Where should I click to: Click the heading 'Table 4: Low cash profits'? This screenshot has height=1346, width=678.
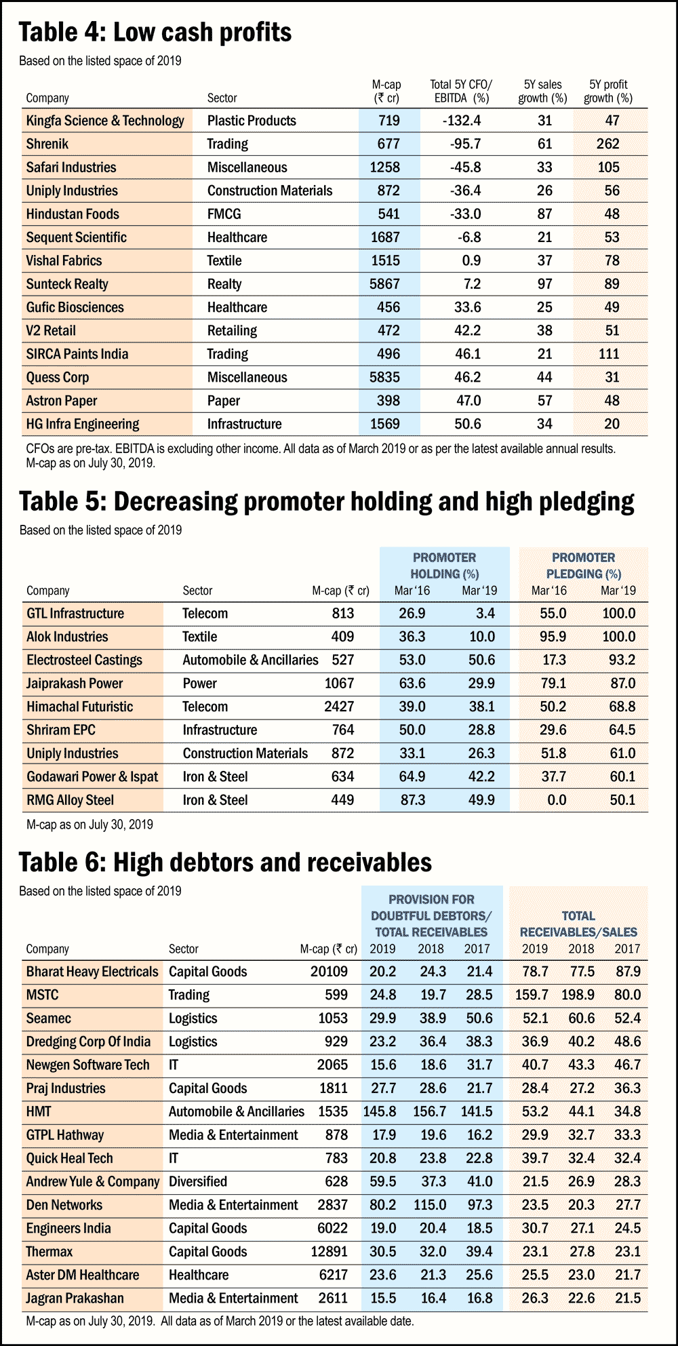tap(155, 33)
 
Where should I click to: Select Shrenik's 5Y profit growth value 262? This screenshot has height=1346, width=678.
tap(607, 144)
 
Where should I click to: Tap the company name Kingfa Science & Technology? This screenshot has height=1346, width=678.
tap(105, 121)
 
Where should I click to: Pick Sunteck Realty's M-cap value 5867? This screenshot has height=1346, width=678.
tap(384, 284)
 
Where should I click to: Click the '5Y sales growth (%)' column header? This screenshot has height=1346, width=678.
tap(542, 92)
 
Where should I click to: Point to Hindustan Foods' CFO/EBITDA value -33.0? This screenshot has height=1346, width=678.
tap(466, 214)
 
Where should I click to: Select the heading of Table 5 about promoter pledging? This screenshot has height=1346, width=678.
tap(326, 502)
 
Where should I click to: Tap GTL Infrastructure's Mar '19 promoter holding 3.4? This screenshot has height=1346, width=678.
tap(485, 614)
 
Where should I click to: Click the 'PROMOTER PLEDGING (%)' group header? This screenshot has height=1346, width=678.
tap(584, 566)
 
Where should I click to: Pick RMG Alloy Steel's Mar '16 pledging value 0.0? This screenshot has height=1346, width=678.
tap(557, 800)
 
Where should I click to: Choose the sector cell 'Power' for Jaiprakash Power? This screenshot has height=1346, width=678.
tap(199, 684)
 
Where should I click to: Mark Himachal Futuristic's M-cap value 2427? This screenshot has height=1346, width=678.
tap(339, 707)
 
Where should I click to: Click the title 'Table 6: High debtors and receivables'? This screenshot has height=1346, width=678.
tap(225, 863)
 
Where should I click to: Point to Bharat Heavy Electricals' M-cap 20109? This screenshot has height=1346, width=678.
tap(329, 972)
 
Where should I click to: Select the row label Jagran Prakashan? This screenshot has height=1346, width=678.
tap(75, 1299)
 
